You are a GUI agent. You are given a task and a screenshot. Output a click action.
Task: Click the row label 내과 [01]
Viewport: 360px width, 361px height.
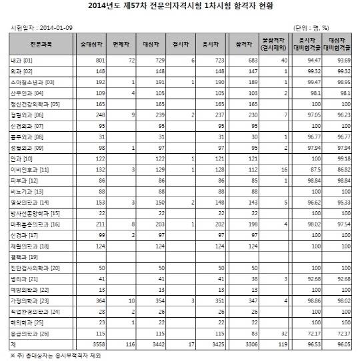click(22, 61)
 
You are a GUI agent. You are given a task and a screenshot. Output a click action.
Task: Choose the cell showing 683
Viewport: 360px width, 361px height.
click(253, 61)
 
